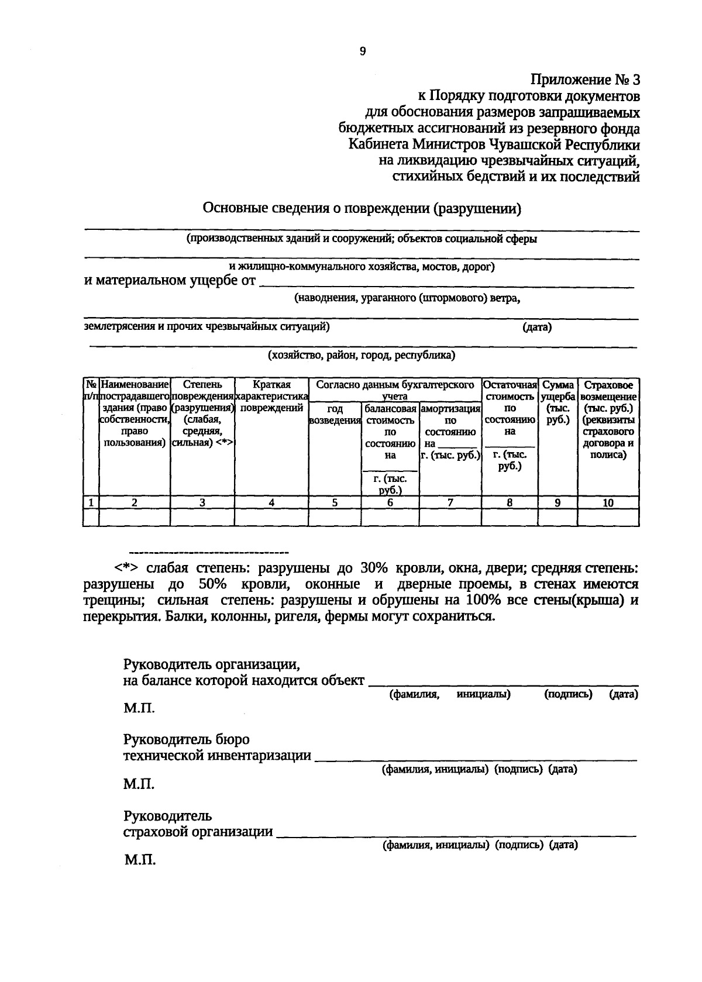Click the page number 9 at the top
point(362,51)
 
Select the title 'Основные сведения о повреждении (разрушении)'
point(362,208)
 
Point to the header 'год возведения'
point(335,414)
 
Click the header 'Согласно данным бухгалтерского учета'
point(395,390)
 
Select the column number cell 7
point(450,502)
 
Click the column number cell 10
point(608,502)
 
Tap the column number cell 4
point(271,502)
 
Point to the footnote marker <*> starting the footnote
point(126,568)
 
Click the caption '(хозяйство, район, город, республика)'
point(362,355)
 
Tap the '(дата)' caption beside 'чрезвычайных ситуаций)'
point(537,328)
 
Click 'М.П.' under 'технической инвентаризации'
point(139,784)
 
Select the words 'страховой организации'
point(198,832)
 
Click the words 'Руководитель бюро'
point(186,739)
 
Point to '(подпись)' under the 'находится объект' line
point(568,694)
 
